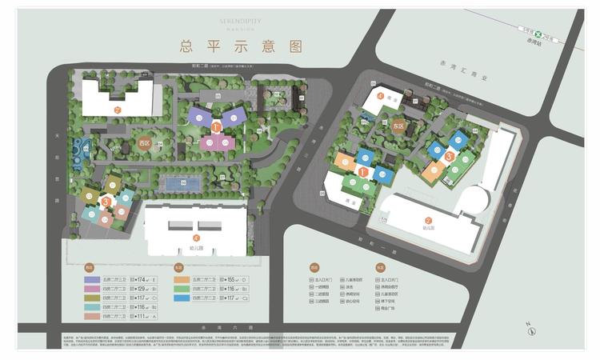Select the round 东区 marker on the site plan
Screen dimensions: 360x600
398,126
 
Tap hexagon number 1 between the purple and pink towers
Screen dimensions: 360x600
216,126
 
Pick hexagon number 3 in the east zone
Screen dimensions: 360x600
450,158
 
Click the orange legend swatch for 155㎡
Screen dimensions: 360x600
182,278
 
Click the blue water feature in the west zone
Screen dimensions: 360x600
79,149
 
